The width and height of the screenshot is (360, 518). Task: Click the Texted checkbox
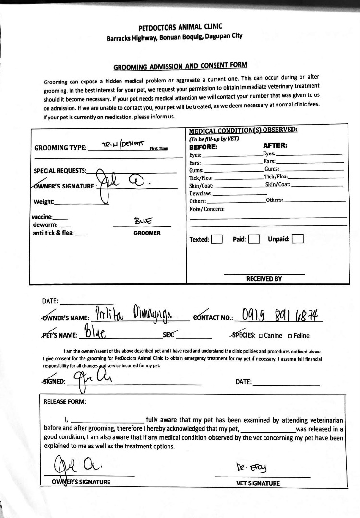pos(217,239)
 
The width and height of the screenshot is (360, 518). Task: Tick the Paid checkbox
pos(254,239)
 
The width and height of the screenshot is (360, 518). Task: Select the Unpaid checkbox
pos(298,239)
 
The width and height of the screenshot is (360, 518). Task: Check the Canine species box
pos(261,335)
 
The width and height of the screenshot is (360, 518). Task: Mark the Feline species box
pos(290,335)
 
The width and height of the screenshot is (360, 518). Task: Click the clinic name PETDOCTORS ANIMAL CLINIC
pos(180,28)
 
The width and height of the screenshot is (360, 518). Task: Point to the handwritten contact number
pos(282,315)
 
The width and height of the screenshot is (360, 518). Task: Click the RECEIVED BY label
pos(264,278)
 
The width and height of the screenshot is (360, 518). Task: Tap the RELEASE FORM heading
pos(65,401)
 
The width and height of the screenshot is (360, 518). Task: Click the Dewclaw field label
pos(200,193)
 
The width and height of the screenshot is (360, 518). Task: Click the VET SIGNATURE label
pos(258,483)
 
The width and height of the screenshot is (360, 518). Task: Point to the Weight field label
pos(44,202)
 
